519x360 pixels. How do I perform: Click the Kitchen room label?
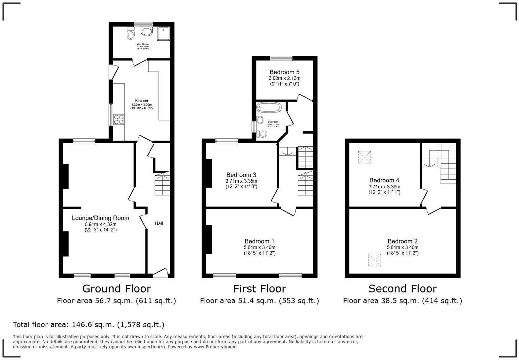pyautogui.click(x=141, y=101)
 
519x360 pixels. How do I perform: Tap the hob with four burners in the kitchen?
pyautogui.click(x=119, y=119)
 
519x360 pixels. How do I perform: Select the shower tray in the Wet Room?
pyautogui.click(x=163, y=33)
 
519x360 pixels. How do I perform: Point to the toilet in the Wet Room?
pyautogui.click(x=130, y=33)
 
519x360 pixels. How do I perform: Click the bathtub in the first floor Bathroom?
pyautogui.click(x=269, y=108)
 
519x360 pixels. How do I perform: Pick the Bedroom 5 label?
pyautogui.click(x=284, y=72)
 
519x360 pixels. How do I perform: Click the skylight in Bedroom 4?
pyautogui.click(x=364, y=157)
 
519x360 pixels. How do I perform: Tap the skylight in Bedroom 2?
pyautogui.click(x=375, y=260)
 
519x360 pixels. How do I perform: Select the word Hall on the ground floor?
pyautogui.click(x=159, y=224)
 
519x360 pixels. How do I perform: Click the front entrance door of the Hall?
pyautogui.click(x=161, y=272)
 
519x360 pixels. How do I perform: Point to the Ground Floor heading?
pyautogui.click(x=117, y=289)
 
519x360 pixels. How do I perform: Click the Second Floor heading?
pyautogui.click(x=402, y=289)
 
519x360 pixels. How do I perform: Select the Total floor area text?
pyautogui.click(x=88, y=325)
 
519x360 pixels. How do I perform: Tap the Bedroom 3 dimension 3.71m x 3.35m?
pyautogui.click(x=241, y=181)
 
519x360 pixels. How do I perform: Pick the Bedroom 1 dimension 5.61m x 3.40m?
pyautogui.click(x=259, y=247)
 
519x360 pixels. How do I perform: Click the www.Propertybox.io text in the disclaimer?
pyautogui.click(x=215, y=347)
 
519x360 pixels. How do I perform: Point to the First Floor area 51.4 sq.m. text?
pyautogui.click(x=259, y=301)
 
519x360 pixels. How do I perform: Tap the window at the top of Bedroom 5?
pyautogui.click(x=281, y=58)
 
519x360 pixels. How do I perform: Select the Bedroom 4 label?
pyautogui.click(x=384, y=180)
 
